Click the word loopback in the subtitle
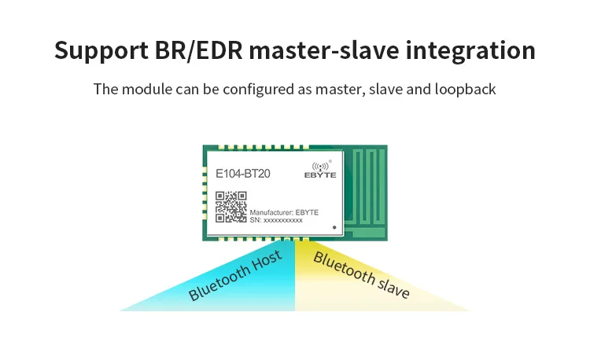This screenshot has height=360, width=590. (x=463, y=89)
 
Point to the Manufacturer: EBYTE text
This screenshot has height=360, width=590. (x=284, y=212)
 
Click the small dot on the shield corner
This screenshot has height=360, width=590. (x=335, y=227)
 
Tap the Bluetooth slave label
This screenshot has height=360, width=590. (x=361, y=274)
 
